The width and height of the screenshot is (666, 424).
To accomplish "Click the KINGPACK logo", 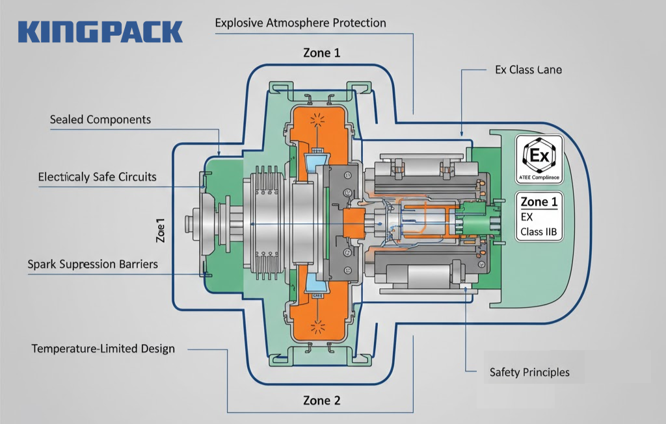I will (x=100, y=32).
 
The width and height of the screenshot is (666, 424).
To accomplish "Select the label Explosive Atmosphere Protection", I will (x=300, y=23).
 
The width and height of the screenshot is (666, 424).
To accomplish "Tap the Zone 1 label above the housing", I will (x=321, y=53).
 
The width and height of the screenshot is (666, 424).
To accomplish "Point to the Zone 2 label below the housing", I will (x=321, y=400).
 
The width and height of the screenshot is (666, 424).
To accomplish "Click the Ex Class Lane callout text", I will (x=529, y=69).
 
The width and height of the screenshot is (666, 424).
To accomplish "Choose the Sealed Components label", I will (x=100, y=119).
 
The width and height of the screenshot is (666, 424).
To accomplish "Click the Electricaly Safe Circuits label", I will (x=97, y=176).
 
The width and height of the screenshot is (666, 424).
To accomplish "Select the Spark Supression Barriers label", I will (x=92, y=265).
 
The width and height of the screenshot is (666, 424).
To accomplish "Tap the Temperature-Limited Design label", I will (x=103, y=349).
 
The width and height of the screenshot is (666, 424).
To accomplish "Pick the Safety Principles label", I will (x=529, y=372).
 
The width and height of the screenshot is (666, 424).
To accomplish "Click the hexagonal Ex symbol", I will (x=540, y=156).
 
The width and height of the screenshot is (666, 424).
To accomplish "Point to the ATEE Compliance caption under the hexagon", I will (x=540, y=175).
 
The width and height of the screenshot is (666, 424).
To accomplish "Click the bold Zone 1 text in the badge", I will (x=539, y=202).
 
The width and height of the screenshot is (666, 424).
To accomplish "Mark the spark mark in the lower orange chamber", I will (x=319, y=323).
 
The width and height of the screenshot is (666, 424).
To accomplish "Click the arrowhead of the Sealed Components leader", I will (x=219, y=153).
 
